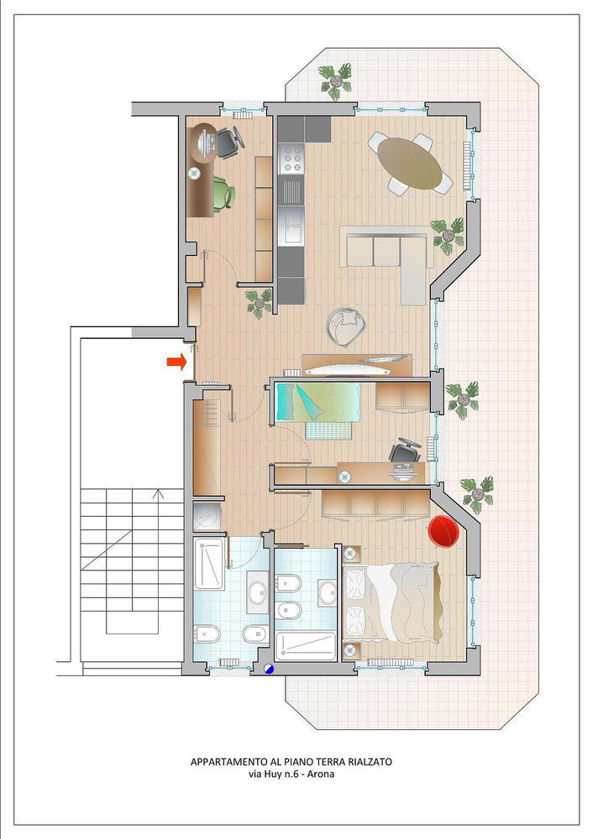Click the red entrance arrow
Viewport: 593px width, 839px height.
point(176,362)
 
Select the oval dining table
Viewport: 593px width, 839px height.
point(410,164)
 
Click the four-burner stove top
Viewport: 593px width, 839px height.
point(291,159)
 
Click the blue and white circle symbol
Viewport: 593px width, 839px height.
point(269,669)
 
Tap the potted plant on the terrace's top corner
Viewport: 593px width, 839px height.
point(336,81)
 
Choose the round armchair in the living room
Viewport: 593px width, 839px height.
point(345,326)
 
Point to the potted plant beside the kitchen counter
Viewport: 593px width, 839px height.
point(260,304)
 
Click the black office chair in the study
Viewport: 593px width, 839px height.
point(230,142)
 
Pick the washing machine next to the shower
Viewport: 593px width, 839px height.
point(207,516)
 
